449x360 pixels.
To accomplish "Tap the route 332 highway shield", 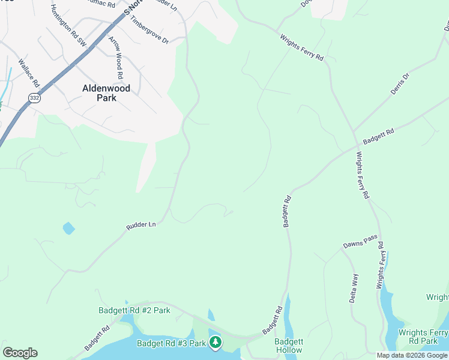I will [34, 97].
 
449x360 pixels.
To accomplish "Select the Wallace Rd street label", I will [28, 72].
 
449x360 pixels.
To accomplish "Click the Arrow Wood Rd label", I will [116, 58].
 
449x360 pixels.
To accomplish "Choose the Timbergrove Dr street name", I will [149, 29].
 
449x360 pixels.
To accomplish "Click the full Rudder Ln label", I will [141, 225].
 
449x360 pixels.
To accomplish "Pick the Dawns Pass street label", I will [360, 241].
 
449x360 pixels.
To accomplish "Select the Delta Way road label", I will [355, 288].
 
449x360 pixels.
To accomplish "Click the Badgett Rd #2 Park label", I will [134, 310].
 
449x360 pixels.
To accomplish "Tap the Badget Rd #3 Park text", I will [171, 343].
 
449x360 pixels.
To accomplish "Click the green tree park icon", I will [215, 343].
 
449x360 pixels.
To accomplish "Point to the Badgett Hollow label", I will [288, 346].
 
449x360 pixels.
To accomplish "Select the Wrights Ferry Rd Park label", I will [424, 337].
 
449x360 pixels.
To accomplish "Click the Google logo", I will [20, 353].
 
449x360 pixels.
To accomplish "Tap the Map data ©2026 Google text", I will [412, 355].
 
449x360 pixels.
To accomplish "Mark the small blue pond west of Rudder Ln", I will [68, 228].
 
